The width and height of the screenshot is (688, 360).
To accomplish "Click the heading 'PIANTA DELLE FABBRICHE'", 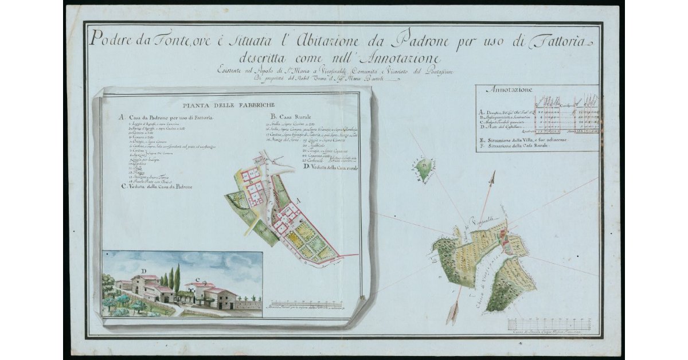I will [x=228, y=105].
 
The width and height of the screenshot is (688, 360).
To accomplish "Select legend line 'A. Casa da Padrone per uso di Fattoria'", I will [x=166, y=117].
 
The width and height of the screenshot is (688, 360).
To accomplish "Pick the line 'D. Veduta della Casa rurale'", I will [x=329, y=167].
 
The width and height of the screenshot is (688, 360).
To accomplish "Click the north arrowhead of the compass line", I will [x=491, y=178].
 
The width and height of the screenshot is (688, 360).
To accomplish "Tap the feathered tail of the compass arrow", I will [x=454, y=311].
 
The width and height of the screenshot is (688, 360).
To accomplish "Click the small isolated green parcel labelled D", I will [x=424, y=168].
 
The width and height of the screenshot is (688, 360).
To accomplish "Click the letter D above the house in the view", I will [x=144, y=271].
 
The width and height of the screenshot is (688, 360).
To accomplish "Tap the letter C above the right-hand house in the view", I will [x=198, y=280].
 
